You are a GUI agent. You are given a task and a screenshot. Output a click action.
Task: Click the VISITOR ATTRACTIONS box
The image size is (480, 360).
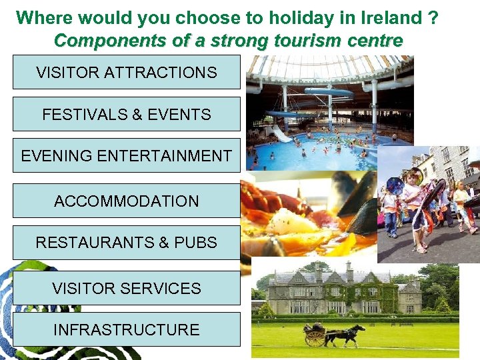(127, 73)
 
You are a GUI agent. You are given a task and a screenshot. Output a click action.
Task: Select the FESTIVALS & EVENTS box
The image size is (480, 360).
(127, 114)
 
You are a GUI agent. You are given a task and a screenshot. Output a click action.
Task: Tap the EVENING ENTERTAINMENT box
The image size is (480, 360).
(127, 155)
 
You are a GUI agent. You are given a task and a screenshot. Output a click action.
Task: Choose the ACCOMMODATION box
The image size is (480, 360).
(127, 201)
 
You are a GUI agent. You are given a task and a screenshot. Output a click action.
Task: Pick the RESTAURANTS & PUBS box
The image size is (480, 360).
(127, 242)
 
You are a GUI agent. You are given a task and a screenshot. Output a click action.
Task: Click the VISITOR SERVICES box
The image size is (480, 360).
(127, 288)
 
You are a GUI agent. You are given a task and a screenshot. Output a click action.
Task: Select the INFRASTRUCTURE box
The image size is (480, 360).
(127, 329)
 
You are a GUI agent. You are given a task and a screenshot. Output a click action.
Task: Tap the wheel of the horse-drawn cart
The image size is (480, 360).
(314, 338)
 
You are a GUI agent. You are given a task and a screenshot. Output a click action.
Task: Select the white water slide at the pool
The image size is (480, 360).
(281, 133)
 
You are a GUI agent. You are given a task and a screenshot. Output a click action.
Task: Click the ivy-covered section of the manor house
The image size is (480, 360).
(360, 293)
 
